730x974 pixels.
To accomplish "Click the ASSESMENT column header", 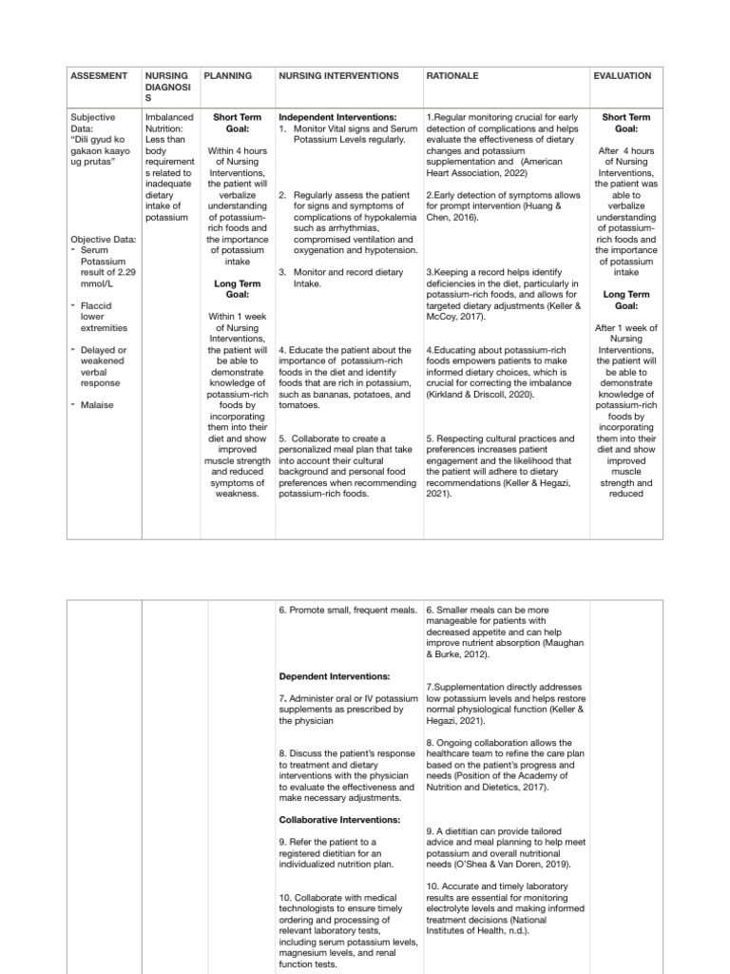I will point(100,75).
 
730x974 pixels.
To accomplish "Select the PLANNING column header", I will point(229,75).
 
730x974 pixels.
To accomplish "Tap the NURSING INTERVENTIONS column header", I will point(337,75).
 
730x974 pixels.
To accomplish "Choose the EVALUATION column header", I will point(623,75).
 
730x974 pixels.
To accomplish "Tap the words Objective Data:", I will point(104,239).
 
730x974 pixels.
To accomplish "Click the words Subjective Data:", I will point(93,123).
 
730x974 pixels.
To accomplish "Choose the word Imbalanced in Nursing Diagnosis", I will point(168,117).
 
